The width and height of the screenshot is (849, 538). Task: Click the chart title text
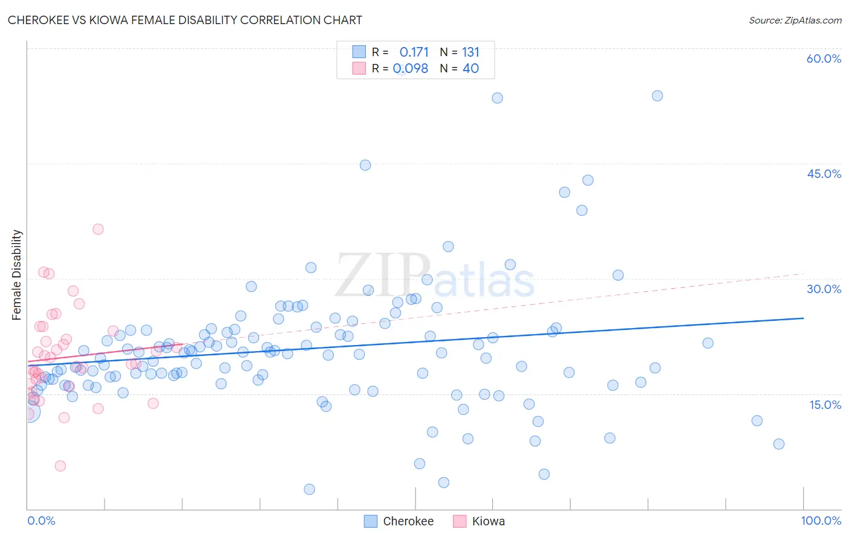pyautogui.click(x=185, y=20)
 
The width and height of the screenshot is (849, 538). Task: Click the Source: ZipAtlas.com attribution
pyautogui.click(x=795, y=20)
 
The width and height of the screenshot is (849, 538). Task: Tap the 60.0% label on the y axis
pyautogui.click(x=824, y=59)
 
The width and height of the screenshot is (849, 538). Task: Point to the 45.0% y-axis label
pyautogui.click(x=824, y=174)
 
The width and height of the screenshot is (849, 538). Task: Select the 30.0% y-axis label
pyautogui.click(x=824, y=289)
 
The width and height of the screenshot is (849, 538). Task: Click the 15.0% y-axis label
pyautogui.click(x=825, y=405)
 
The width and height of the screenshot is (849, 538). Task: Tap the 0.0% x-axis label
pyautogui.click(x=41, y=521)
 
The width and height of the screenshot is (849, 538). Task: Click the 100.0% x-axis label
pyautogui.click(x=821, y=521)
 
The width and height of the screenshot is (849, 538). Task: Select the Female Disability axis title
pyautogui.click(x=17, y=274)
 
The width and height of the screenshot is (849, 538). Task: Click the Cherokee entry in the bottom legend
pyautogui.click(x=408, y=521)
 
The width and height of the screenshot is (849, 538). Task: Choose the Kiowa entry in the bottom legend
pyautogui.click(x=488, y=521)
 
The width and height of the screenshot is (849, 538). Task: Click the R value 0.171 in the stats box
pyautogui.click(x=414, y=52)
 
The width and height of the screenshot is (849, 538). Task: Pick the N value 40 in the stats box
pyautogui.click(x=470, y=69)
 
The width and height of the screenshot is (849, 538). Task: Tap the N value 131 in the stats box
pyautogui.click(x=470, y=52)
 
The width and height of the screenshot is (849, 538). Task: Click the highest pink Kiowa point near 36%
pyautogui.click(x=98, y=229)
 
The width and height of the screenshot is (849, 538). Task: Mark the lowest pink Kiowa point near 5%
pyautogui.click(x=60, y=466)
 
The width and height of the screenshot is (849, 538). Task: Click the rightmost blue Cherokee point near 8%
pyautogui.click(x=778, y=444)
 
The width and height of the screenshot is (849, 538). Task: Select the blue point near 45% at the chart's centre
pyautogui.click(x=365, y=165)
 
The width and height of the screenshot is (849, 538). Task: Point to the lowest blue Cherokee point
pyautogui.click(x=309, y=489)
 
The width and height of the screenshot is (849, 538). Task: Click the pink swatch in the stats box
pyautogui.click(x=359, y=68)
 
